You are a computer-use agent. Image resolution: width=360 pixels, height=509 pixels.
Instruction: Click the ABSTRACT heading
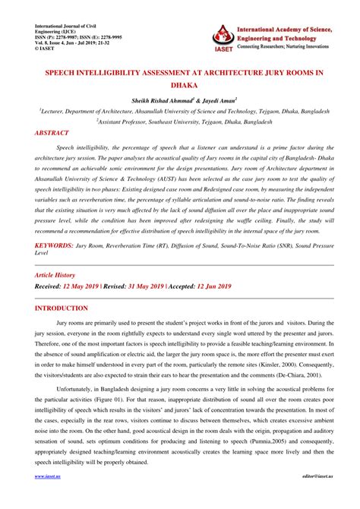coord(56,132)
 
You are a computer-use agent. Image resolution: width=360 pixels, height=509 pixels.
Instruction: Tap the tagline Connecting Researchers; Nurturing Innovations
coord(291,47)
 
